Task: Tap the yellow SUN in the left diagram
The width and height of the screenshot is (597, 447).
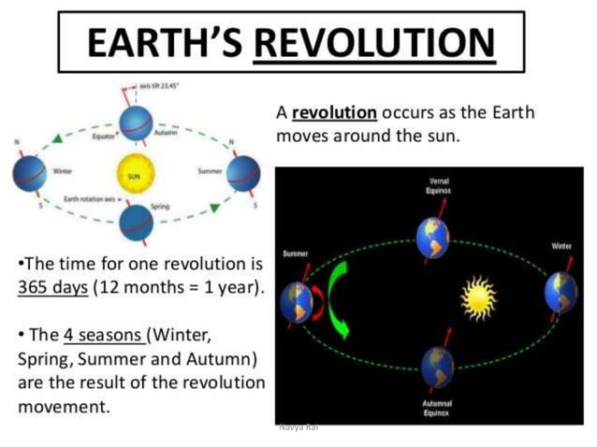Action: (133, 174)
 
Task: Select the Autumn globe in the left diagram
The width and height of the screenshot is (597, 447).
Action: (136, 123)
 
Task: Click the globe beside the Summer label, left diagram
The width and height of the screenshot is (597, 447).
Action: (243, 173)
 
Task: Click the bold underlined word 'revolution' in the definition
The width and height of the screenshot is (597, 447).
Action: (334, 113)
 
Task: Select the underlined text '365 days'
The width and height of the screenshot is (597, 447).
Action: (52, 286)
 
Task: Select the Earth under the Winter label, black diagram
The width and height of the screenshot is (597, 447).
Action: (562, 293)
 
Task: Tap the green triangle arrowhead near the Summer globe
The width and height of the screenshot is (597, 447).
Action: (216, 205)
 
